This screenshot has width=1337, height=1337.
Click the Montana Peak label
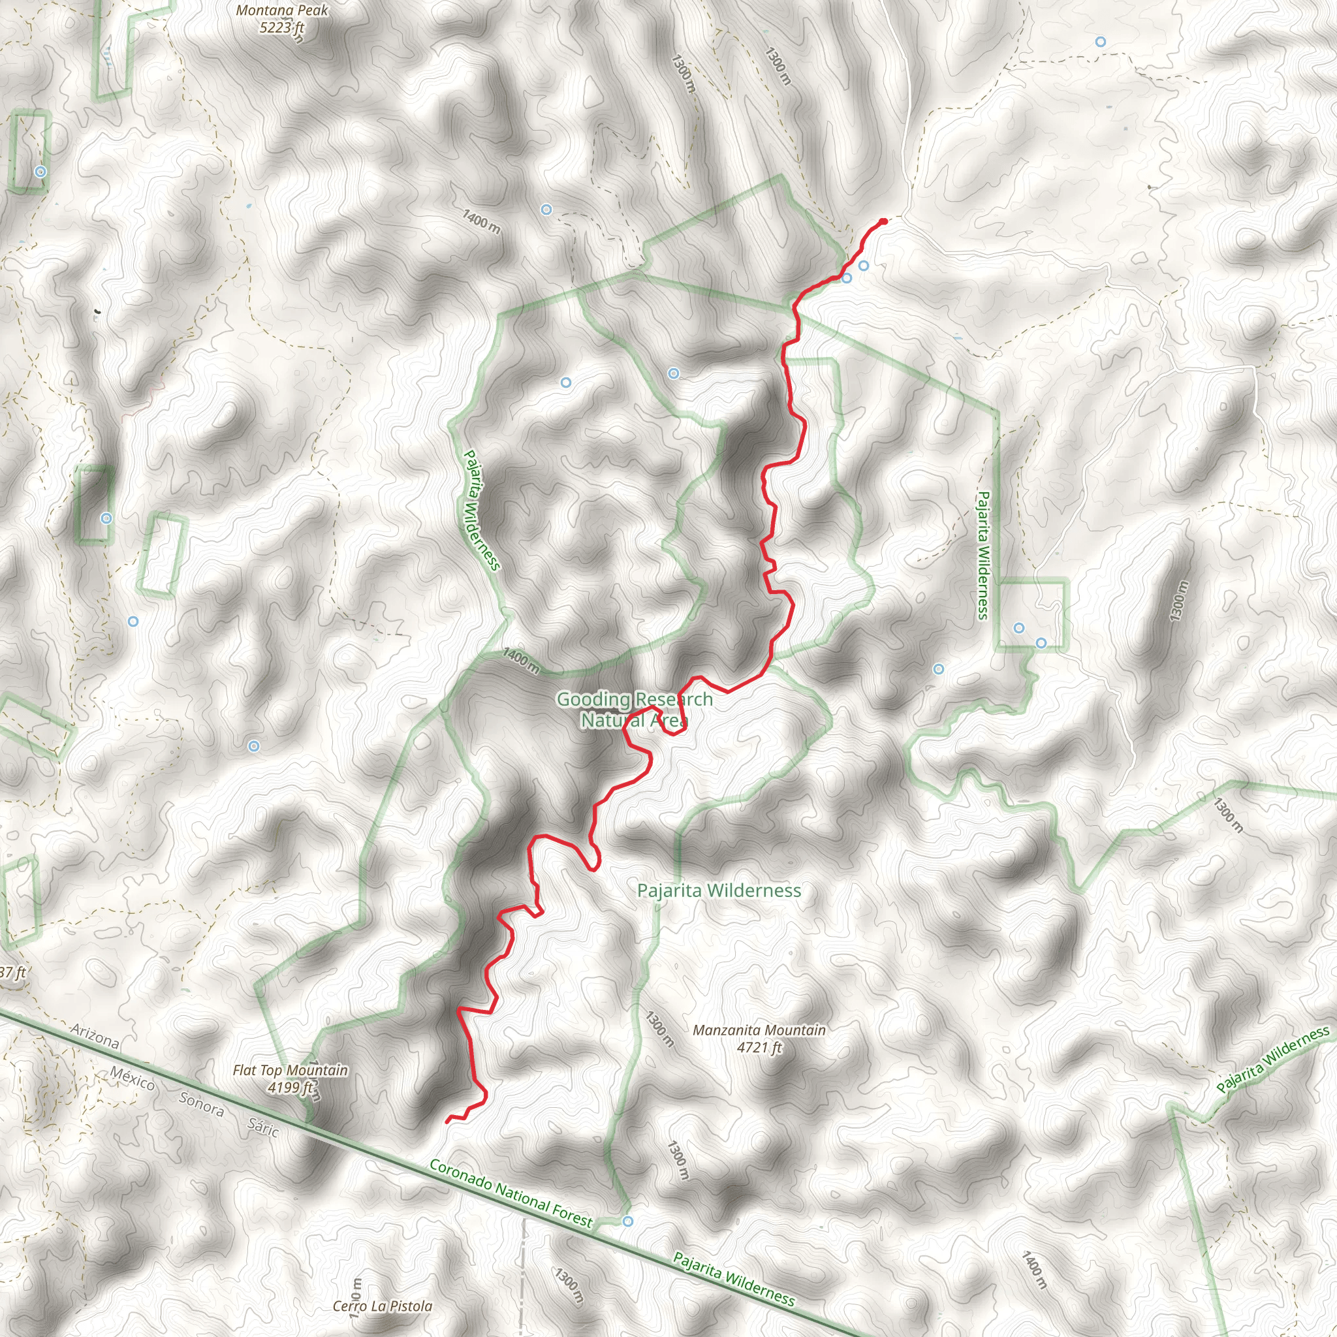[x=281, y=10]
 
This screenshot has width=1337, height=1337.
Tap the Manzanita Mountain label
[x=759, y=1030]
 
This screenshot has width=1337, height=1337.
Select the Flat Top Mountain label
[x=290, y=1070]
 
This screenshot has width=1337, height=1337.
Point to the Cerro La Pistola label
[x=382, y=1306]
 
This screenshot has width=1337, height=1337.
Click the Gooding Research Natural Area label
[x=634, y=710]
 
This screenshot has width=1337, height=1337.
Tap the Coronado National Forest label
[x=511, y=1194]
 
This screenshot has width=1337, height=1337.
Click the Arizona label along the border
[x=95, y=1036]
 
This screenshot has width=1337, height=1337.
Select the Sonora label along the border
[x=201, y=1104]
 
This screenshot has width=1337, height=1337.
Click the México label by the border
[x=132, y=1078]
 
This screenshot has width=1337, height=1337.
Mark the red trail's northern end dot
[x=883, y=221]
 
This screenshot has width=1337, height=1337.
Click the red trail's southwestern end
[x=448, y=1120]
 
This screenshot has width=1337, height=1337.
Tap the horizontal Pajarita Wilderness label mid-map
[x=719, y=890]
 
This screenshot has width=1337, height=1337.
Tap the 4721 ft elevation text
[x=759, y=1048]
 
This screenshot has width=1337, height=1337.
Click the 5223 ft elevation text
[x=281, y=27]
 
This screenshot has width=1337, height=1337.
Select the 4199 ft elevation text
[x=290, y=1087]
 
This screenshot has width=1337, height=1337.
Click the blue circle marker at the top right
[x=1100, y=42]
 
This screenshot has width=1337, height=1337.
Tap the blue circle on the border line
[x=627, y=1221]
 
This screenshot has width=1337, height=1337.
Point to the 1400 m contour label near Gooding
[x=520, y=660]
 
